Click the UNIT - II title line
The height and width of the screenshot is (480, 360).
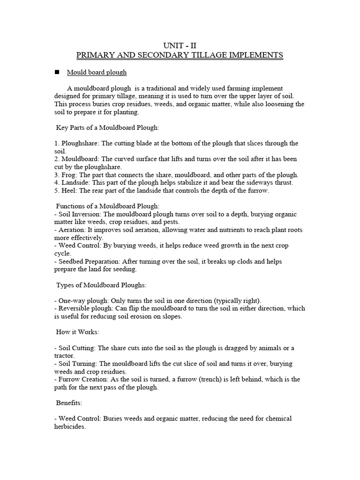point(180,45)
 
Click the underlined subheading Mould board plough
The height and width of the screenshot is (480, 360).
point(97,73)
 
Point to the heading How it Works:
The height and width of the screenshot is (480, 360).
point(77,332)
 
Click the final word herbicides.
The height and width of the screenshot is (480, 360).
point(70,427)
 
